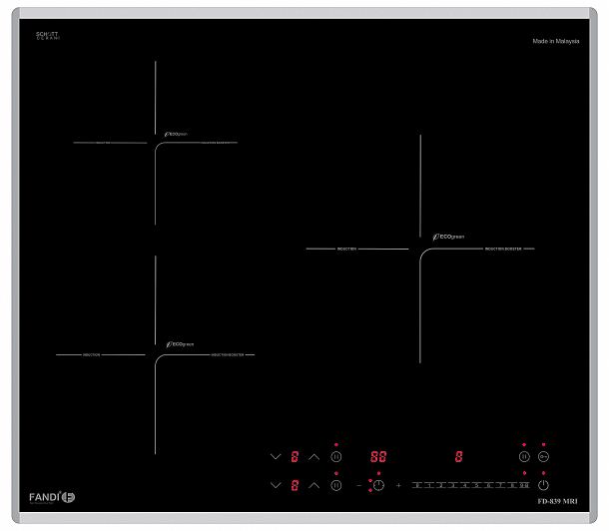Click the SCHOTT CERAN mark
pos(48,35)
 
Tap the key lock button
pos(543,457)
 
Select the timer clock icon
pos(378,485)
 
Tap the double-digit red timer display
pos(378,457)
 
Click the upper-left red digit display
pos(295,457)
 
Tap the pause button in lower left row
pos(336,485)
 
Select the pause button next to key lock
pos(523,457)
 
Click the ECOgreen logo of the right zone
pos(449,237)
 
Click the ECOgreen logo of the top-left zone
pos(180,134)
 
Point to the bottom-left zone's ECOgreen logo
pos(180,344)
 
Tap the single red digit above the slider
pos(458,457)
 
